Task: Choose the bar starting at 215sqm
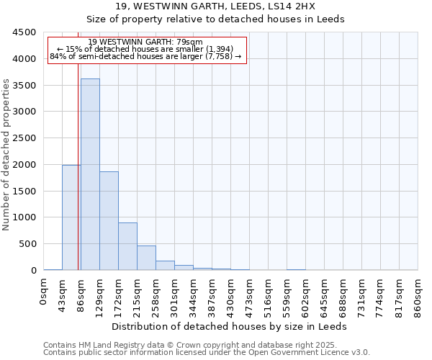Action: (146, 258)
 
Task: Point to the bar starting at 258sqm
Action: (165, 266)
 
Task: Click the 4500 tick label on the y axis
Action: (24, 32)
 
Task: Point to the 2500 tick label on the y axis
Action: (24, 138)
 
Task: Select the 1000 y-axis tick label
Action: (24, 217)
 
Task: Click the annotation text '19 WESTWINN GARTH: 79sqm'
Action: (146, 42)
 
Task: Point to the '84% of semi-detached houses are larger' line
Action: (146, 55)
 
